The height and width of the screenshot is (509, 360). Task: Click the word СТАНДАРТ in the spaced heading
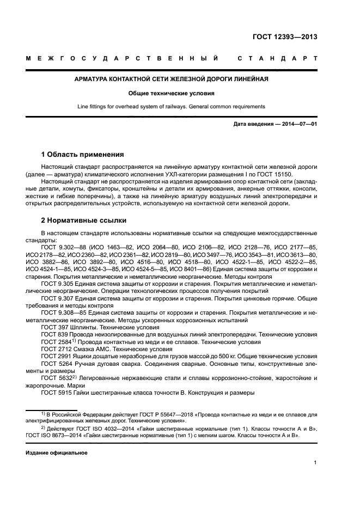point(278,58)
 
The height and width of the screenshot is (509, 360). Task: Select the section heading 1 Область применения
point(83,154)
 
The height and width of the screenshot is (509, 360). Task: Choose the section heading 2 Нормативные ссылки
point(84,220)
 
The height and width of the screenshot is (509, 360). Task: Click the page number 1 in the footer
point(315,463)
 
